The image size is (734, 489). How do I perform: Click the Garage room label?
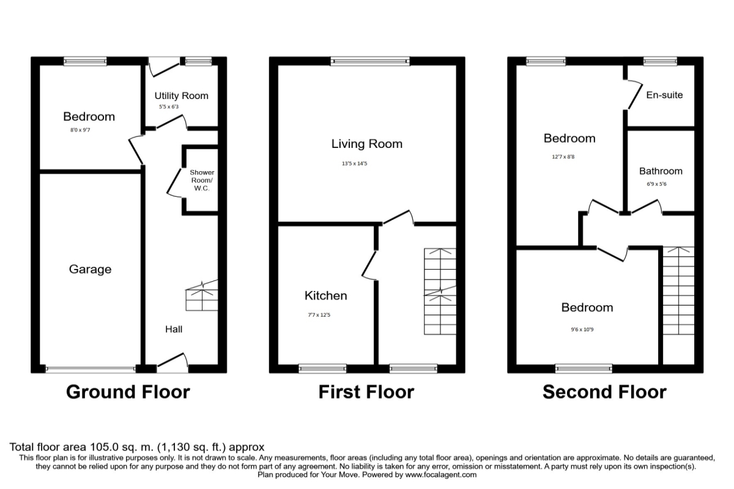click(90, 269)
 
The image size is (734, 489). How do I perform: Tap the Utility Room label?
click(181, 95)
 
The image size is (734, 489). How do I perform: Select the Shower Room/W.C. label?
click(199, 180)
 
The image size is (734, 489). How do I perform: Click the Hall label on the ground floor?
click(174, 329)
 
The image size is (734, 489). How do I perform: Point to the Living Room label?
click(367, 144)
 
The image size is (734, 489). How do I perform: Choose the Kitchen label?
click(326, 296)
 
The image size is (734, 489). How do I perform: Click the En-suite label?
click(664, 95)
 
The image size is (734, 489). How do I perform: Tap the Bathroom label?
click(661, 171)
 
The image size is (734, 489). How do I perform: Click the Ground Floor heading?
click(128, 392)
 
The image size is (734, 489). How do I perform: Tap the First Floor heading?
click(366, 392)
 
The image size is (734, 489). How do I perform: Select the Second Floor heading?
click(604, 392)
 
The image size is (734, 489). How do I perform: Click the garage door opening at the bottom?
click(91, 369)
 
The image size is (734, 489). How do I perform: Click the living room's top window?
click(370, 61)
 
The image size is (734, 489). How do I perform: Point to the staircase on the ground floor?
click(202, 296)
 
